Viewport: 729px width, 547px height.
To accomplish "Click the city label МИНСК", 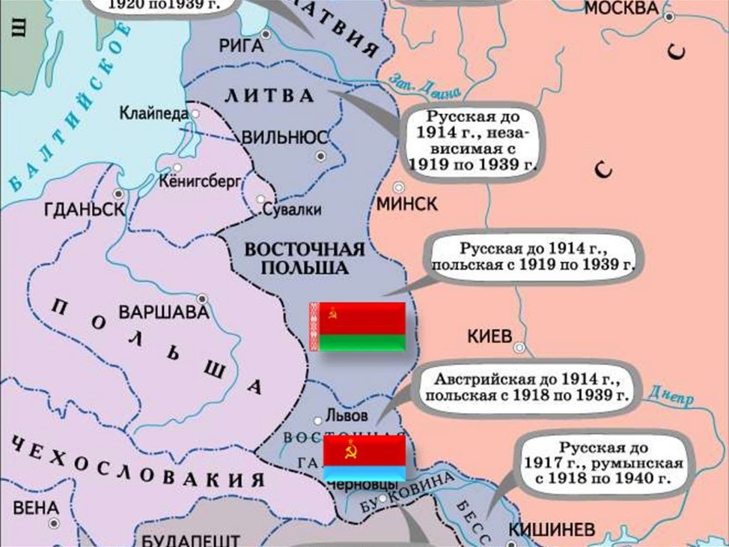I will (x=408, y=204).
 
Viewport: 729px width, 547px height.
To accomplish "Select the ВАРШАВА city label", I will (x=156, y=310).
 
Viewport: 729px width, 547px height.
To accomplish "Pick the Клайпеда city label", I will (x=153, y=114).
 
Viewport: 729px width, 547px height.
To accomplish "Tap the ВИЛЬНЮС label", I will (x=284, y=138).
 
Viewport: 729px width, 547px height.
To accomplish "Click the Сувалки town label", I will (x=292, y=210).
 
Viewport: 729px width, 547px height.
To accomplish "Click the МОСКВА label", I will (x=622, y=9).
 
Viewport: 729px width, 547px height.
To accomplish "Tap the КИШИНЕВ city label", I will (x=552, y=530).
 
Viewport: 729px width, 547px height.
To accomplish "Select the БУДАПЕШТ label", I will (x=190, y=540).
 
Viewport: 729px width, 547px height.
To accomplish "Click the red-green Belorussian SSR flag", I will (x=358, y=327).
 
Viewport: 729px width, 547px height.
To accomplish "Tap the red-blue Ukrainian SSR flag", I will (x=364, y=458).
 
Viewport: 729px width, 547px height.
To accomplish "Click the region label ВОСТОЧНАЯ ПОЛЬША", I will (x=305, y=259).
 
